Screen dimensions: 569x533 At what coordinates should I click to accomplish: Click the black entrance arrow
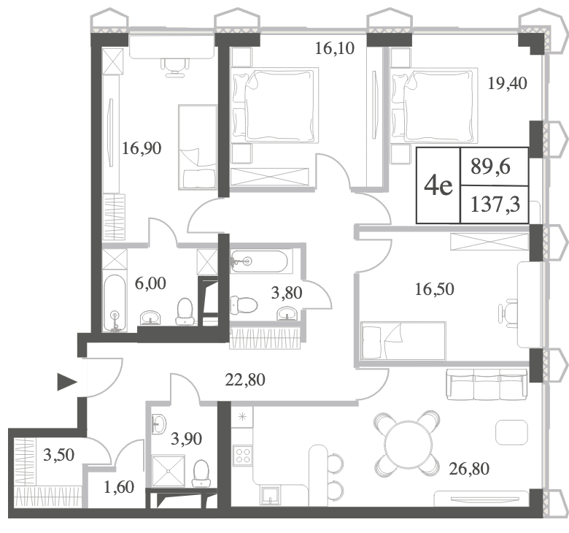pos(67,382)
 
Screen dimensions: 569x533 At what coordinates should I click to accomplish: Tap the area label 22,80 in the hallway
pos(245,380)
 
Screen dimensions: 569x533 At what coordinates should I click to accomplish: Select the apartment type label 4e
pos(438,185)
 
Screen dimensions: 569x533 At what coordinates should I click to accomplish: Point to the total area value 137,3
pos(495,204)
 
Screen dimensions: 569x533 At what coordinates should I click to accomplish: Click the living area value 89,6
pos(491,166)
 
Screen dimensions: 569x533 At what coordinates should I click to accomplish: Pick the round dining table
pos(408,443)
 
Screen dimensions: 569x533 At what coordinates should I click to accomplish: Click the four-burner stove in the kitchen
pos(243,456)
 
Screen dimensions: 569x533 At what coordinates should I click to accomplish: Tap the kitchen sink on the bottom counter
pos(270,495)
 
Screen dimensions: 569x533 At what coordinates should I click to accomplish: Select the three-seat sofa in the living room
pos(487,384)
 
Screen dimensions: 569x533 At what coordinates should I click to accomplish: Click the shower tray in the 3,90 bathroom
pos(168,471)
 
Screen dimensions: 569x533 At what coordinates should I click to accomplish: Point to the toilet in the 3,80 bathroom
pos(244,304)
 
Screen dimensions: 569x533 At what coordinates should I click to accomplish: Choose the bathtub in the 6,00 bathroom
pos(115,303)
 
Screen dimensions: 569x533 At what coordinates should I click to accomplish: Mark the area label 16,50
pos(434,289)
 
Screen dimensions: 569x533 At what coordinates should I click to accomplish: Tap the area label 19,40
pos(507,83)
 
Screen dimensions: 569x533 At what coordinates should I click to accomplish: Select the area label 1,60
pos(119,487)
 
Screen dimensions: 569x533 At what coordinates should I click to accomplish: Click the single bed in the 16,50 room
pos(403,341)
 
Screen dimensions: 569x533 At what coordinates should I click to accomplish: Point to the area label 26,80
pos(469,469)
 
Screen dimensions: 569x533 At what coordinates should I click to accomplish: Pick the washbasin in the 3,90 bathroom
pos(158,423)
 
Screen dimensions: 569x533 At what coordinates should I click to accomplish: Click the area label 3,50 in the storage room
pos(58,455)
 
